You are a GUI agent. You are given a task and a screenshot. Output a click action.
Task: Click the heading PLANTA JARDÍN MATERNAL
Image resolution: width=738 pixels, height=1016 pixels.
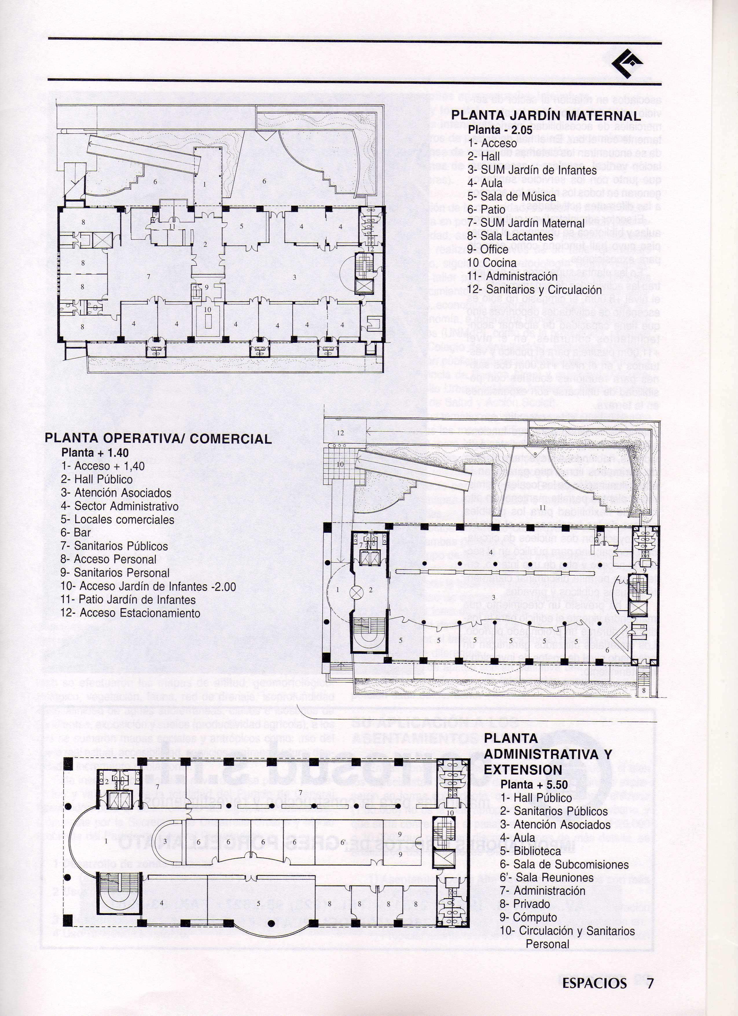546,116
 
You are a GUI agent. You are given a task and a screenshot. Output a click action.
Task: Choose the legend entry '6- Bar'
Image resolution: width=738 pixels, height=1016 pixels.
76,533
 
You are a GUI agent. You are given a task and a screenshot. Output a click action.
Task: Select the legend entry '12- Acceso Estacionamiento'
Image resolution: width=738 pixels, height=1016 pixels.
130,613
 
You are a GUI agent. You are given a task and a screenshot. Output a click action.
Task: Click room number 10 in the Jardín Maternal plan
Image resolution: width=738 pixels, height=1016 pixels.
207,310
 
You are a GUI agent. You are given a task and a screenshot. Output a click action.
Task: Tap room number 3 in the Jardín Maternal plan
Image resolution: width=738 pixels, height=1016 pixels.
294,277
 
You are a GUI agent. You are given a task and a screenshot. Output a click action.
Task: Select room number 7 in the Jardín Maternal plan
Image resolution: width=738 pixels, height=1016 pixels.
149,277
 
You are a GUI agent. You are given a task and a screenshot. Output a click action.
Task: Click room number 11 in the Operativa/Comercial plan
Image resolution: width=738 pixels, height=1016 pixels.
543,507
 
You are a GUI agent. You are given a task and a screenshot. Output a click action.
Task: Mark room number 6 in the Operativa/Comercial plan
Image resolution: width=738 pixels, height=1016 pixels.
607,650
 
